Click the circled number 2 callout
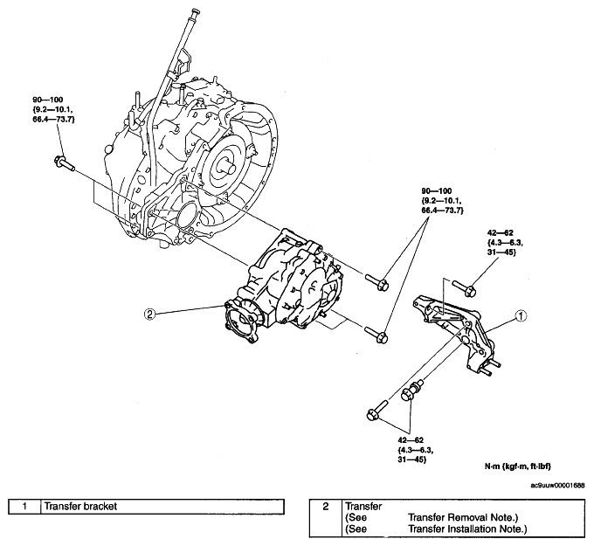[x=150, y=314]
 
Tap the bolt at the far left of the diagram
[x=64, y=162]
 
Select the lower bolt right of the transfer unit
[x=376, y=335]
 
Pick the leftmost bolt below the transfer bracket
[x=376, y=409]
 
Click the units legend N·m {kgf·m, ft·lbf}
[x=518, y=467]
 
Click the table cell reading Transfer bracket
[x=162, y=507]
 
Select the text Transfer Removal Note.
[x=463, y=517]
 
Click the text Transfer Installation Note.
[x=467, y=529]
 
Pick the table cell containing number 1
[x=24, y=507]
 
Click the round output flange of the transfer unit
[x=241, y=322]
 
